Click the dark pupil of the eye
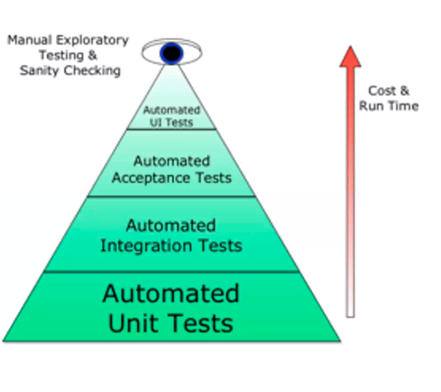171,52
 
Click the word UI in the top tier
157,122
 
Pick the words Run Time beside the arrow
389,106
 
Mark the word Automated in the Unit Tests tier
171,293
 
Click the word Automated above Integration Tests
171,226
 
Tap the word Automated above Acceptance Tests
172,161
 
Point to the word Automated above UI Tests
171,110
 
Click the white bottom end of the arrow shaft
351,311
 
